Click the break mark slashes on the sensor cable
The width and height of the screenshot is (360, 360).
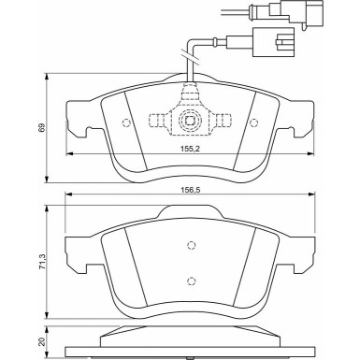tap(193, 79)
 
